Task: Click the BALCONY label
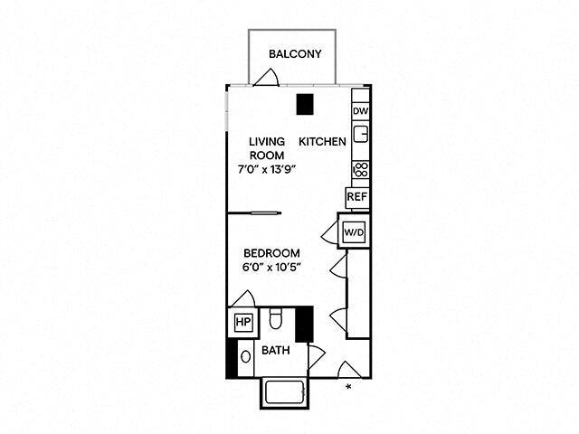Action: point(295,54)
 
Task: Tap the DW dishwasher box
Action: point(360,111)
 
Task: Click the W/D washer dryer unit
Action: point(352,232)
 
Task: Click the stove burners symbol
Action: point(360,169)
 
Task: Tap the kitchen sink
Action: point(360,136)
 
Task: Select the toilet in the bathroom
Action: point(277,320)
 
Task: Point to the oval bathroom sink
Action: point(244,356)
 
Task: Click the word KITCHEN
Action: point(323,142)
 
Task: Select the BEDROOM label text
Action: point(271,252)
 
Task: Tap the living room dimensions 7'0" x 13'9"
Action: point(267,167)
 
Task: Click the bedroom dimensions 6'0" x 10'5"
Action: point(271,268)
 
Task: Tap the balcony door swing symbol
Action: point(266,78)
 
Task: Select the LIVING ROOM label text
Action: point(267,148)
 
